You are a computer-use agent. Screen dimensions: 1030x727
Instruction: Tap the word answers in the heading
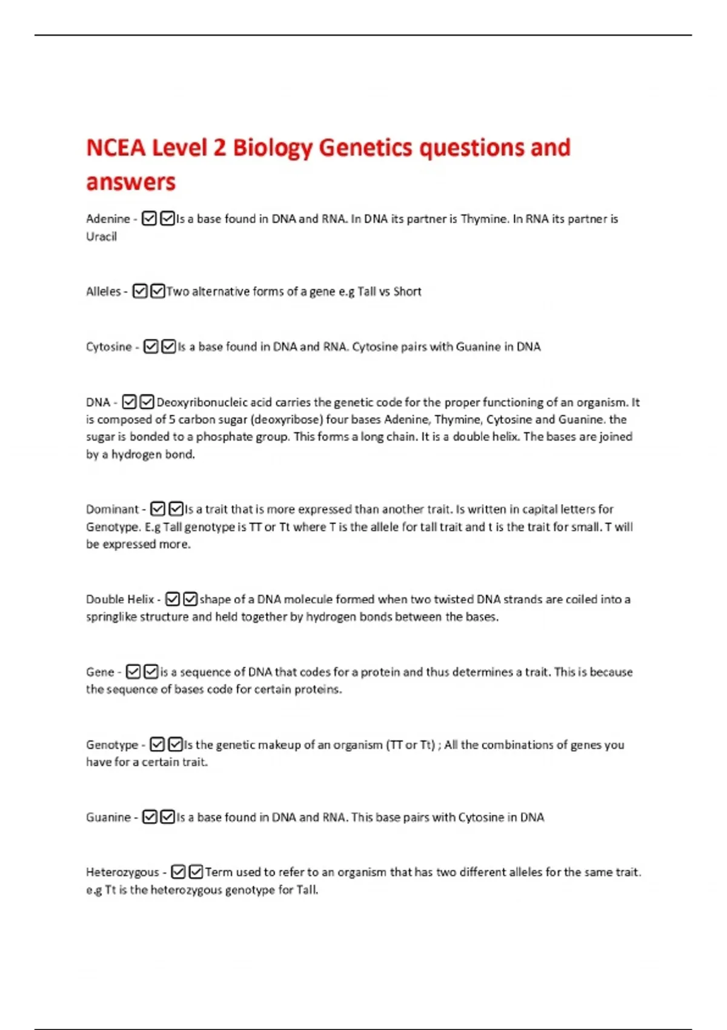(131, 182)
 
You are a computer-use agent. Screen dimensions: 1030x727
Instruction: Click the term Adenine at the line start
(108, 219)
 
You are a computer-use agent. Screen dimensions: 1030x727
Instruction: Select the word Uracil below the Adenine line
(101, 236)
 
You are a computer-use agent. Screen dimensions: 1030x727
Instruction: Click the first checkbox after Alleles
(140, 291)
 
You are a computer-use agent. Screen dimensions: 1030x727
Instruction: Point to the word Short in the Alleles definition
(407, 291)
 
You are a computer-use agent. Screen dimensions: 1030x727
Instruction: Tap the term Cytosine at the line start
(108, 347)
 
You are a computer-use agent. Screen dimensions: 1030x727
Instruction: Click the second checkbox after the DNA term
(147, 402)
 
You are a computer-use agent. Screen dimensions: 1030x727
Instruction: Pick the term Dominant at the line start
(112, 509)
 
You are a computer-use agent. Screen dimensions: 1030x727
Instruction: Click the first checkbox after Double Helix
(173, 599)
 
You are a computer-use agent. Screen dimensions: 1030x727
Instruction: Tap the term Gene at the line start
(100, 672)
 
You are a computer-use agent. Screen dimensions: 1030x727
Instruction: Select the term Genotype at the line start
(112, 745)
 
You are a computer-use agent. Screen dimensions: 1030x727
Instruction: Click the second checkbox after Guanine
(168, 817)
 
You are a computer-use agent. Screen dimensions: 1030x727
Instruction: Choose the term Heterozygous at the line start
(122, 872)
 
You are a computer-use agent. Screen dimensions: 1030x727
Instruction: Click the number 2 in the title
(219, 147)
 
